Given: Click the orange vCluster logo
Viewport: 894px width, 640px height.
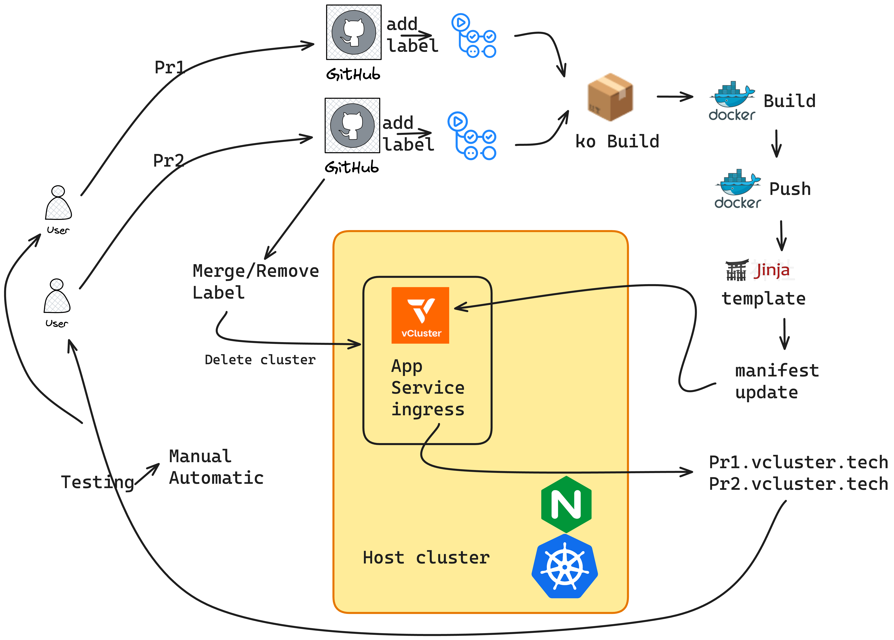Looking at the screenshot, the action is point(420,315).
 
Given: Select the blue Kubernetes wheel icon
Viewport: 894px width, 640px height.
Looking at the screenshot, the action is point(565,566).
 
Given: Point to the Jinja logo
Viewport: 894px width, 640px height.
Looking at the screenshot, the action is point(760,270).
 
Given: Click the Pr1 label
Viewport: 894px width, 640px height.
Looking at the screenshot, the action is point(169,67).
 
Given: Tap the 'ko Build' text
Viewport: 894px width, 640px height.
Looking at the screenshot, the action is point(617,141).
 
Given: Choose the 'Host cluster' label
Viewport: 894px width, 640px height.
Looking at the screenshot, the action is point(426,558).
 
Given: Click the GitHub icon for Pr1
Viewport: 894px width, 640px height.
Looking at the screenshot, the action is point(354,32).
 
